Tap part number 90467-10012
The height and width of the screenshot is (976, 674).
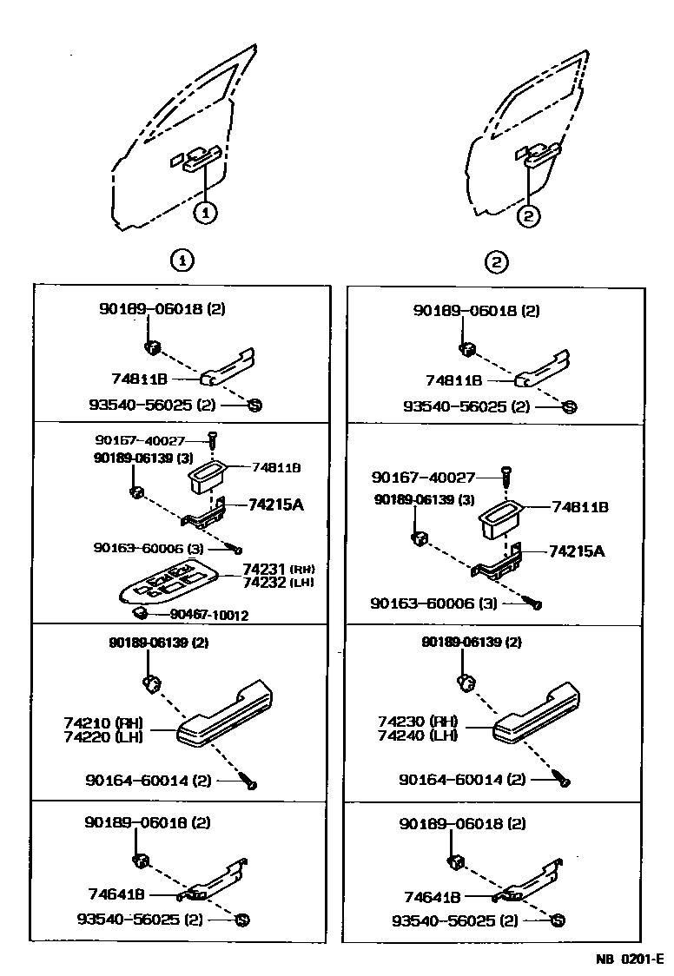209,615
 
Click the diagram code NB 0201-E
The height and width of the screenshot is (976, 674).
629,959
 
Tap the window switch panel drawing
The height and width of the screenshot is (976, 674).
169,583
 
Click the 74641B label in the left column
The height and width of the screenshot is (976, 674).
116,894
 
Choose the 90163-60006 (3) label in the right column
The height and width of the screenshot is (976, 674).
434,602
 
